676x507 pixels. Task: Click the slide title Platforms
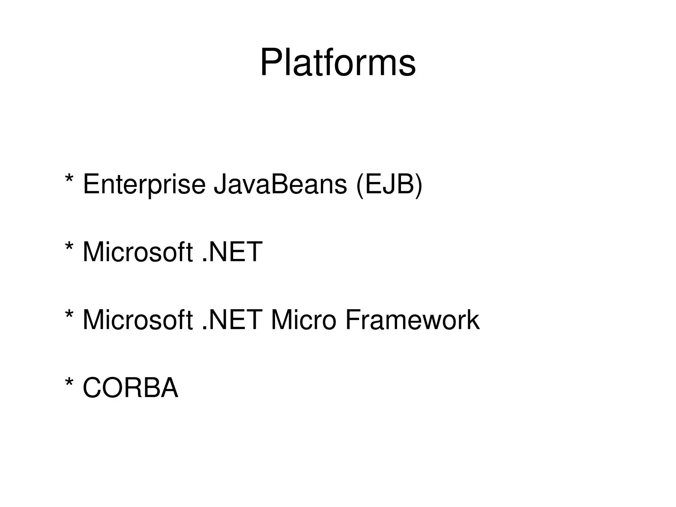[x=338, y=62]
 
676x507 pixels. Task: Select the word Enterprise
[x=144, y=185]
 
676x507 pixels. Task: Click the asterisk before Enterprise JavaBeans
[x=69, y=180]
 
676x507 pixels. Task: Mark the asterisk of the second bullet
[x=69, y=247]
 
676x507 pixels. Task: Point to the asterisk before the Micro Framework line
[x=69, y=315]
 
